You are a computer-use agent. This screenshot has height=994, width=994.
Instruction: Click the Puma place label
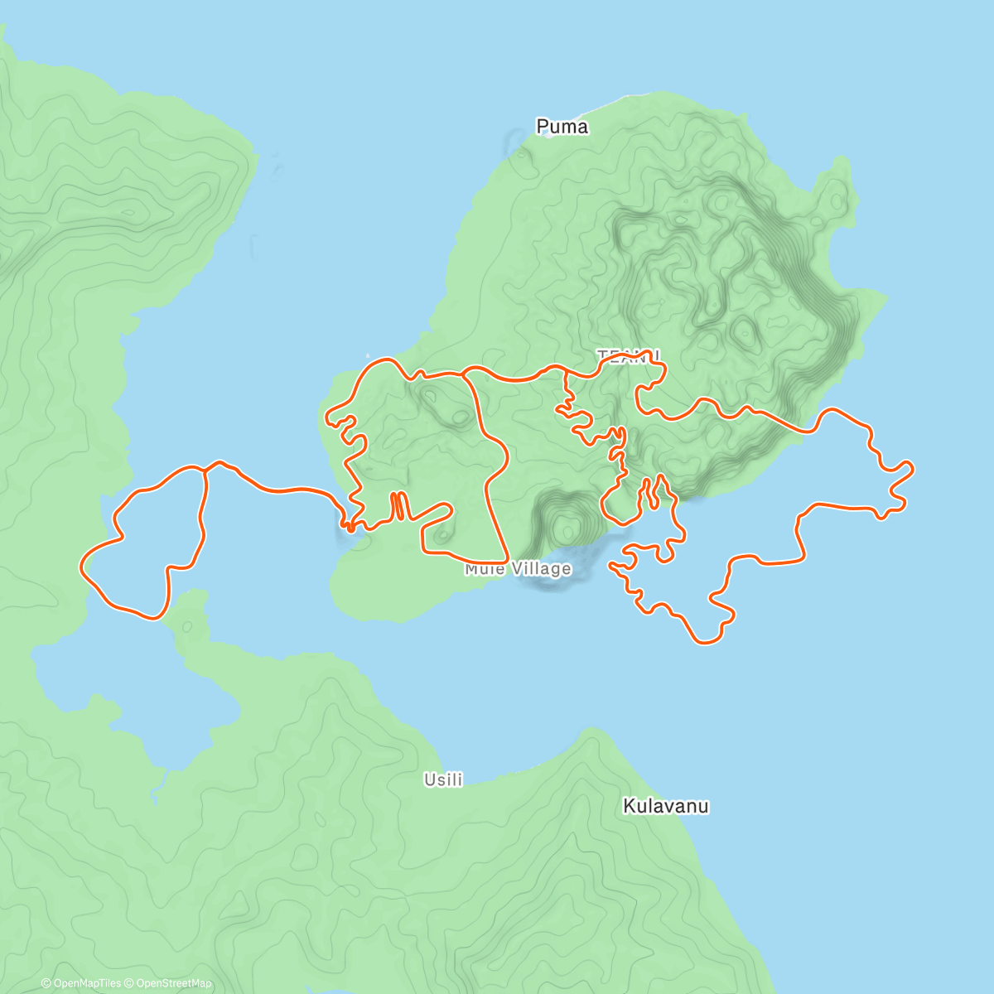coord(562,127)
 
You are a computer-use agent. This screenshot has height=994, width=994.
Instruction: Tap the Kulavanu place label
coord(665,806)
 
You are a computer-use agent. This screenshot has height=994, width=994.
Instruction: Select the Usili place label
coord(443,779)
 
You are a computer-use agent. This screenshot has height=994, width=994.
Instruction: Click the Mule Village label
coord(518,569)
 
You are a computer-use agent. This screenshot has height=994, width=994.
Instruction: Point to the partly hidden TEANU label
coord(629,355)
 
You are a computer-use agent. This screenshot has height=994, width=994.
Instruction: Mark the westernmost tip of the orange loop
coord(81,566)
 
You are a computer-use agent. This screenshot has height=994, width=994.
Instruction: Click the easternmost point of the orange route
coord(913,468)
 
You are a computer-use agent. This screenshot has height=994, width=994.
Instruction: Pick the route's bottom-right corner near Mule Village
coord(505,562)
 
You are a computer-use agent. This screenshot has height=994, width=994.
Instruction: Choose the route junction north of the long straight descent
coord(464,374)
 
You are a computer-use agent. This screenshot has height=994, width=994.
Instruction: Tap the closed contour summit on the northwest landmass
coord(128,212)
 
